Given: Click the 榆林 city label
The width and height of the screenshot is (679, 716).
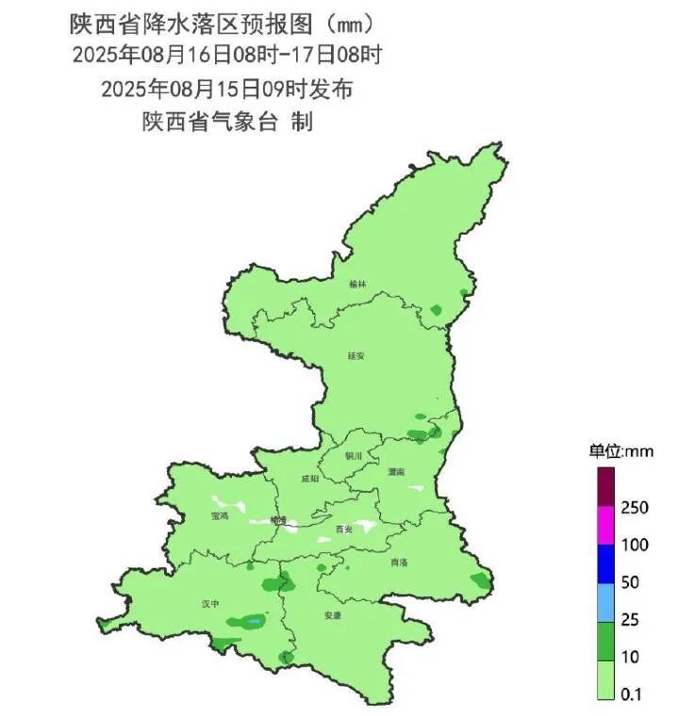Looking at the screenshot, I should [x=356, y=284].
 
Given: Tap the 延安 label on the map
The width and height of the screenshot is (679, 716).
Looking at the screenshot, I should [x=356, y=356].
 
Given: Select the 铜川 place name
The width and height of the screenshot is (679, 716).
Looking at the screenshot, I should [x=355, y=456].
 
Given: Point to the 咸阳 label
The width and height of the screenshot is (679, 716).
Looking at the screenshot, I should [x=309, y=479].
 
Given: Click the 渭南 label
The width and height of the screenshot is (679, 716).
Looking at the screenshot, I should [x=396, y=470].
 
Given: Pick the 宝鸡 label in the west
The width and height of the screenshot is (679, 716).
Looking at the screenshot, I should [x=221, y=516].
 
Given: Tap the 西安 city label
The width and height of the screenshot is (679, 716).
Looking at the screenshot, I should [x=344, y=530].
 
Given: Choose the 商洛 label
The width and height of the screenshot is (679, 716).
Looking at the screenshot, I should [x=399, y=562].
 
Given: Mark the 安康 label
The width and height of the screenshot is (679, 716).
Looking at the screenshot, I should [x=332, y=615].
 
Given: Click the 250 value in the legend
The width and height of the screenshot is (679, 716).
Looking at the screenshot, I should [x=633, y=508].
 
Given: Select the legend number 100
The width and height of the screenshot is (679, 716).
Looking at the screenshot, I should [x=633, y=545].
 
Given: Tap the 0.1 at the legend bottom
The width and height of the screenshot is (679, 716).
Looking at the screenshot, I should [x=631, y=694].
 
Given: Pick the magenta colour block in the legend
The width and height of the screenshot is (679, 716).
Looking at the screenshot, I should [x=605, y=527].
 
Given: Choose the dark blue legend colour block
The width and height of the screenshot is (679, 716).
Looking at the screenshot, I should [x=605, y=564].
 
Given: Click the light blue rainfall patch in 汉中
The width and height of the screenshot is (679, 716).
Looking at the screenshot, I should [x=253, y=621].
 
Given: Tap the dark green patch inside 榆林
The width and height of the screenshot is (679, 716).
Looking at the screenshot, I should [x=436, y=310].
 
